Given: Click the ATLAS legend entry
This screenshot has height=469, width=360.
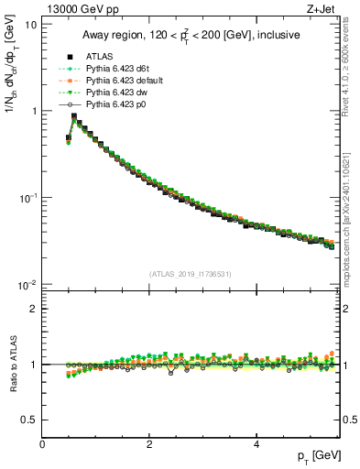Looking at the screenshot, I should pyautogui.click(x=99, y=56).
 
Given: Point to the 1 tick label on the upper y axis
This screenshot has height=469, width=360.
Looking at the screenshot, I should pyautogui.click(x=34, y=111).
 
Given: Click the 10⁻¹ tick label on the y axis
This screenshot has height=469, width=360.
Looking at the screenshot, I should pyautogui.click(x=28, y=198).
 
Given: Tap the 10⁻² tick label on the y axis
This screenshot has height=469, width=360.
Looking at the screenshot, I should pyautogui.click(x=28, y=285).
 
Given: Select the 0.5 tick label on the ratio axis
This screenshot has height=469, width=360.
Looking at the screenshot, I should pyautogui.click(x=29, y=420).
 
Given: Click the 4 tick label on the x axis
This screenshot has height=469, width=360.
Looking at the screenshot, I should pyautogui.click(x=256, y=444).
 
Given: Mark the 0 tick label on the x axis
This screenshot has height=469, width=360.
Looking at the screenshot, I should pyautogui.click(x=42, y=444).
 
